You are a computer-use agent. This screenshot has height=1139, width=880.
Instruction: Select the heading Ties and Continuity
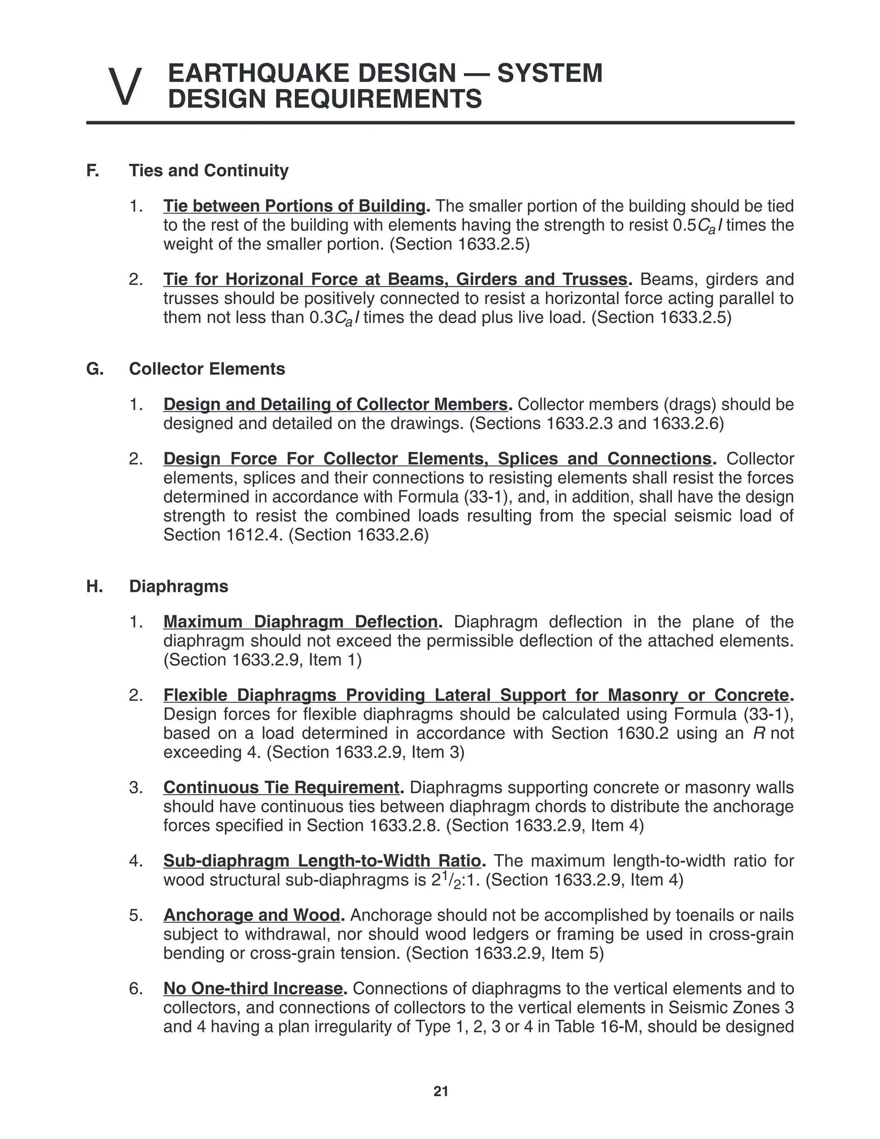208,171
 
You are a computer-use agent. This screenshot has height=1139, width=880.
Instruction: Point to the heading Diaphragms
178,586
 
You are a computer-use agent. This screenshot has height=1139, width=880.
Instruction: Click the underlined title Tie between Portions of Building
294,206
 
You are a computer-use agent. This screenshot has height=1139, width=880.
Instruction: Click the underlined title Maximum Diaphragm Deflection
300,622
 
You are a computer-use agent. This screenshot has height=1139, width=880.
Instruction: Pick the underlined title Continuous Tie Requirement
281,787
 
